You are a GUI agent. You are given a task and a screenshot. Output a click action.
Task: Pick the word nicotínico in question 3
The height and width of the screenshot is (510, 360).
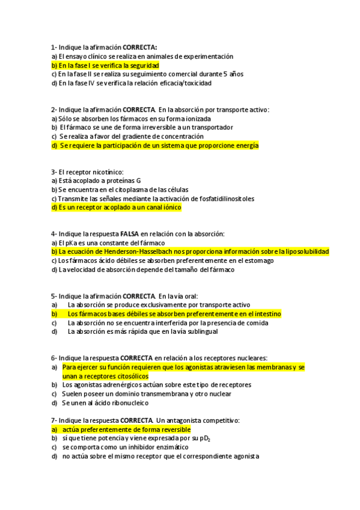(108, 171)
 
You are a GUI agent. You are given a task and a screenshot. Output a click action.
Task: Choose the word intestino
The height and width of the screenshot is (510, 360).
(266, 314)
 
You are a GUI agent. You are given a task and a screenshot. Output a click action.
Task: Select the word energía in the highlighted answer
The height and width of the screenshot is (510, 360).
(245, 146)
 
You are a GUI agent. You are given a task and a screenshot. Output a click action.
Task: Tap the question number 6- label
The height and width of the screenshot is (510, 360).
(54, 357)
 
